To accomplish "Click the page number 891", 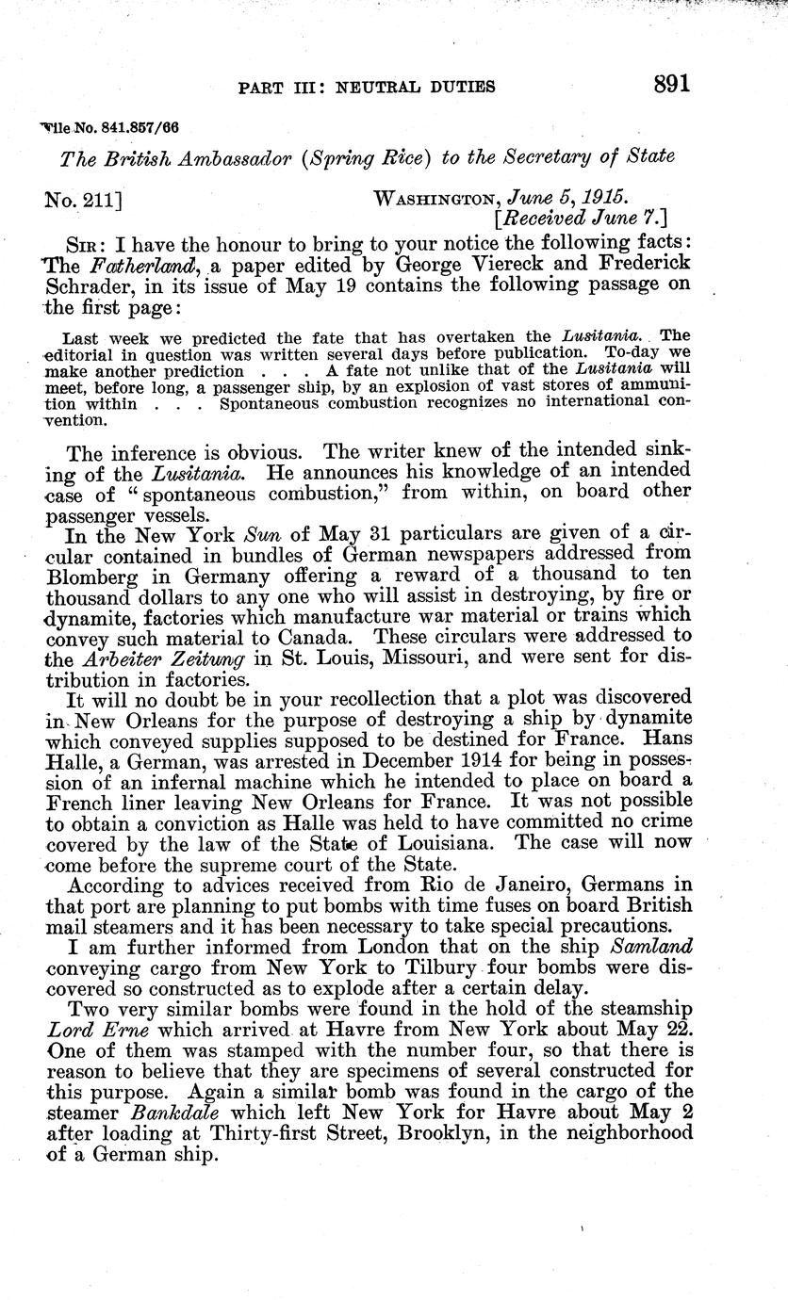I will [x=671, y=83].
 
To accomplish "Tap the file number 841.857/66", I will [x=125, y=126].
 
